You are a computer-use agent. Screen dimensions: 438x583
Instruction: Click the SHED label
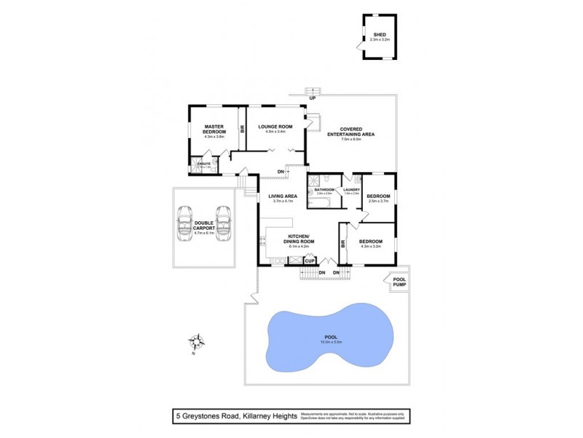coord(379,34)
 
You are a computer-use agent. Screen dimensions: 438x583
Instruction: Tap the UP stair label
coord(312,98)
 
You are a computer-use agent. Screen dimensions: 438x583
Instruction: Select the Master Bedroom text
coord(214,129)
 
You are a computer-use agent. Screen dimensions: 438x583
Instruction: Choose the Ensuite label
coord(204,164)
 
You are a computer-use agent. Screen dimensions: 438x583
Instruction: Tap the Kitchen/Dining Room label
coord(300,240)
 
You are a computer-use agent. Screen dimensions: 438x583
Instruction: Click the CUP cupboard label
coord(310,261)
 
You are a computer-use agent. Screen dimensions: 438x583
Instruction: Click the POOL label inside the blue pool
coord(332,339)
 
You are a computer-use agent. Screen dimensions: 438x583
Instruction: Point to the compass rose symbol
coord(196,341)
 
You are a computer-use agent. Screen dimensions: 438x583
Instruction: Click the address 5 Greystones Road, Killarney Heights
coord(236,416)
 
